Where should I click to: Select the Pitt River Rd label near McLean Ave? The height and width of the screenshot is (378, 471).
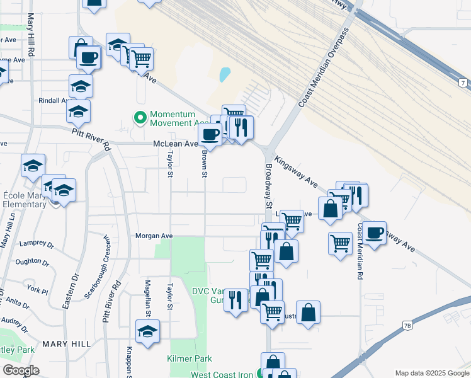tap(91, 139)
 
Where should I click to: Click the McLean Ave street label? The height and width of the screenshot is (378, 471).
tap(176, 144)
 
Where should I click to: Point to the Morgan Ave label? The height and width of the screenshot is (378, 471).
tap(154, 236)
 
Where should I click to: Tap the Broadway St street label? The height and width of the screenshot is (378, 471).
tap(268, 186)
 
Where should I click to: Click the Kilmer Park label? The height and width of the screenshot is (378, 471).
tap(190, 358)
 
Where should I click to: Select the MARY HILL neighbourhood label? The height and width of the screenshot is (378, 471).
tap(66, 344)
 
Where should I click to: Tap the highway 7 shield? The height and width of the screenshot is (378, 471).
tap(463, 83)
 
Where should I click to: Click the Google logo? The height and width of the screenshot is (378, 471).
tap(21, 370)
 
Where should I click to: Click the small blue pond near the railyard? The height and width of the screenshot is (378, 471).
tap(225, 75)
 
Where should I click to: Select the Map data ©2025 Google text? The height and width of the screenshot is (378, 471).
tap(431, 373)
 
